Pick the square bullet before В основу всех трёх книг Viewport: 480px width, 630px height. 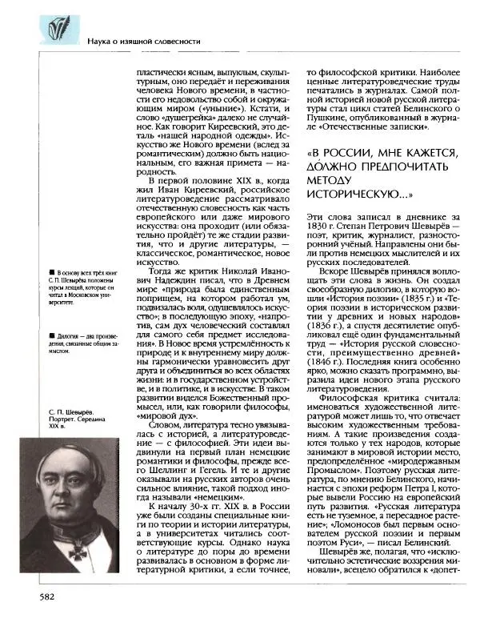pyautogui.click(x=50, y=274)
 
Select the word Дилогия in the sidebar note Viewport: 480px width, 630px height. pyautogui.click(x=69, y=335)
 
